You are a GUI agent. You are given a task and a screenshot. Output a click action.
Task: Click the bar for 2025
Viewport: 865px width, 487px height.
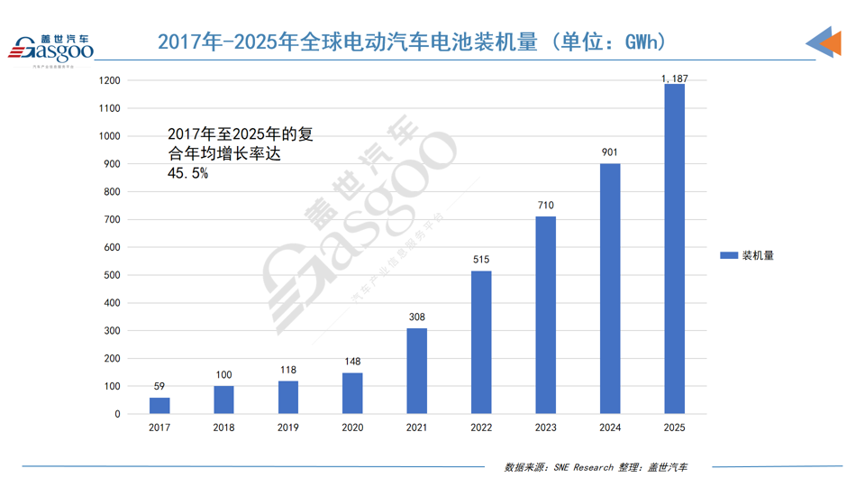(674, 249)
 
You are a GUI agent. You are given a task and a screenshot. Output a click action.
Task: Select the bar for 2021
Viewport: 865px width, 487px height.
(416, 371)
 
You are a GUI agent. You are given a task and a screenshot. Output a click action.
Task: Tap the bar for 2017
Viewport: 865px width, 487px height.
(159, 405)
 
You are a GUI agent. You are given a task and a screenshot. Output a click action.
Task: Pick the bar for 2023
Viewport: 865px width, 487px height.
(545, 315)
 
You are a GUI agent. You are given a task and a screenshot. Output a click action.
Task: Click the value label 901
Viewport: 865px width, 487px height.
(610, 152)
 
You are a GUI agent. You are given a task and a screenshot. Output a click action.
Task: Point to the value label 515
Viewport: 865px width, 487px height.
(481, 260)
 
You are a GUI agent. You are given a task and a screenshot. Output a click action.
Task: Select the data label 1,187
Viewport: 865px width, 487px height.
(674, 79)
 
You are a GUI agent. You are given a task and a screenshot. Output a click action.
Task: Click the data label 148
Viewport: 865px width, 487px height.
(352, 362)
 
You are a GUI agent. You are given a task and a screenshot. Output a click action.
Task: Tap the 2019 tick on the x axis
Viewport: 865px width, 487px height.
(288, 427)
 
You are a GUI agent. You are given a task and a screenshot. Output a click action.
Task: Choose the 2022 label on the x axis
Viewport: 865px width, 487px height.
(481, 427)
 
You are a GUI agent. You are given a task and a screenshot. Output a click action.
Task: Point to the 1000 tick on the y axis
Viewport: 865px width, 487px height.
(110, 136)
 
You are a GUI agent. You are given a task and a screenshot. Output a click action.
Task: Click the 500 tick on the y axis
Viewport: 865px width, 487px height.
(113, 275)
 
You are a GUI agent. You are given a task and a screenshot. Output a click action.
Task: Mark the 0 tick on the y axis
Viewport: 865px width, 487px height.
(118, 414)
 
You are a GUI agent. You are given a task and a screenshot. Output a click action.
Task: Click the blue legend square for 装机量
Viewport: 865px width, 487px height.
(729, 255)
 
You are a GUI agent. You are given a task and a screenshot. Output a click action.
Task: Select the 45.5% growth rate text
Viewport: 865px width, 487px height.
(187, 173)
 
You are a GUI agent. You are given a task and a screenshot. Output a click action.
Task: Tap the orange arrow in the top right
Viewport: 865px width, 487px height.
(831, 42)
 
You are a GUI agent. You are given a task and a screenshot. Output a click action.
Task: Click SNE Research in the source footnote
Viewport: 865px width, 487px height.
(584, 467)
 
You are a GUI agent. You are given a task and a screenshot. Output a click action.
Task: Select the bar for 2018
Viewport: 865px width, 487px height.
(223, 400)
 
